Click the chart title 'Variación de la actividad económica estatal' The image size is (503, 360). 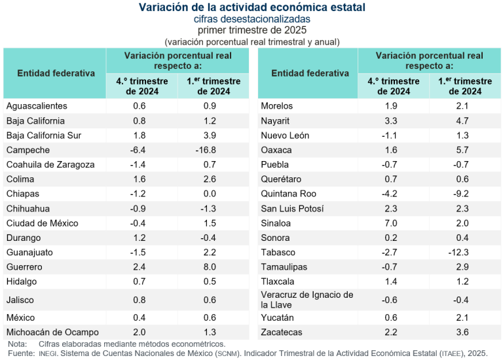[x=252, y=7]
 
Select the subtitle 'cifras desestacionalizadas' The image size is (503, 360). [x=252, y=19]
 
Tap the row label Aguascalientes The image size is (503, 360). [x=37, y=106]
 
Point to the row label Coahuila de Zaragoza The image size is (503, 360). [x=50, y=164]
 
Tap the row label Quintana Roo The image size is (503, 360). [x=288, y=194]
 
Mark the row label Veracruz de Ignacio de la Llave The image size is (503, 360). [x=307, y=300]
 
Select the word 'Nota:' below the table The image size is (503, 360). [x=18, y=344]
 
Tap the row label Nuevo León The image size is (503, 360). [x=285, y=135]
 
